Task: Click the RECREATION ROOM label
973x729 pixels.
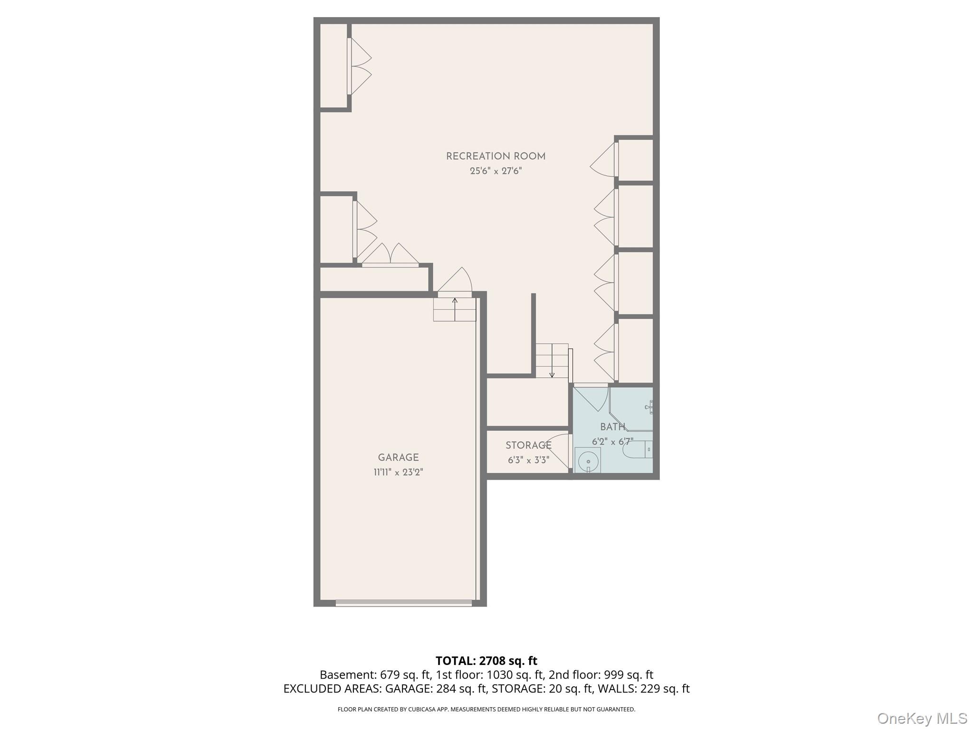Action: coord(496,156)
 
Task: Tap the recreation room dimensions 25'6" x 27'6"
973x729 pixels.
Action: coord(496,171)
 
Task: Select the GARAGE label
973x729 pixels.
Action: coord(398,458)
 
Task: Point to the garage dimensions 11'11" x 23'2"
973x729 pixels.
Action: coord(398,472)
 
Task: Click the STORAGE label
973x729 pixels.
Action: coord(528,445)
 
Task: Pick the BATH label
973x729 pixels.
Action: coord(612,427)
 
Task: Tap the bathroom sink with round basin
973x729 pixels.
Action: coord(588,460)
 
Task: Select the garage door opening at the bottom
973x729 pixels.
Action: coord(404,603)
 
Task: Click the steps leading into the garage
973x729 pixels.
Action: coord(455,309)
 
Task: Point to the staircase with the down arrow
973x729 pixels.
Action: coord(552,361)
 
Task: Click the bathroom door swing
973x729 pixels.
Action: coord(592,398)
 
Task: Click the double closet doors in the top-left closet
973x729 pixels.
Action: coord(360,66)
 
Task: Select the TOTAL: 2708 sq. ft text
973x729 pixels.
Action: coord(486,661)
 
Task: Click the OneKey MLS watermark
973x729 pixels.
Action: coord(922,718)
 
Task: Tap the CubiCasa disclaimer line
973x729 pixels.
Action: coord(486,710)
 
